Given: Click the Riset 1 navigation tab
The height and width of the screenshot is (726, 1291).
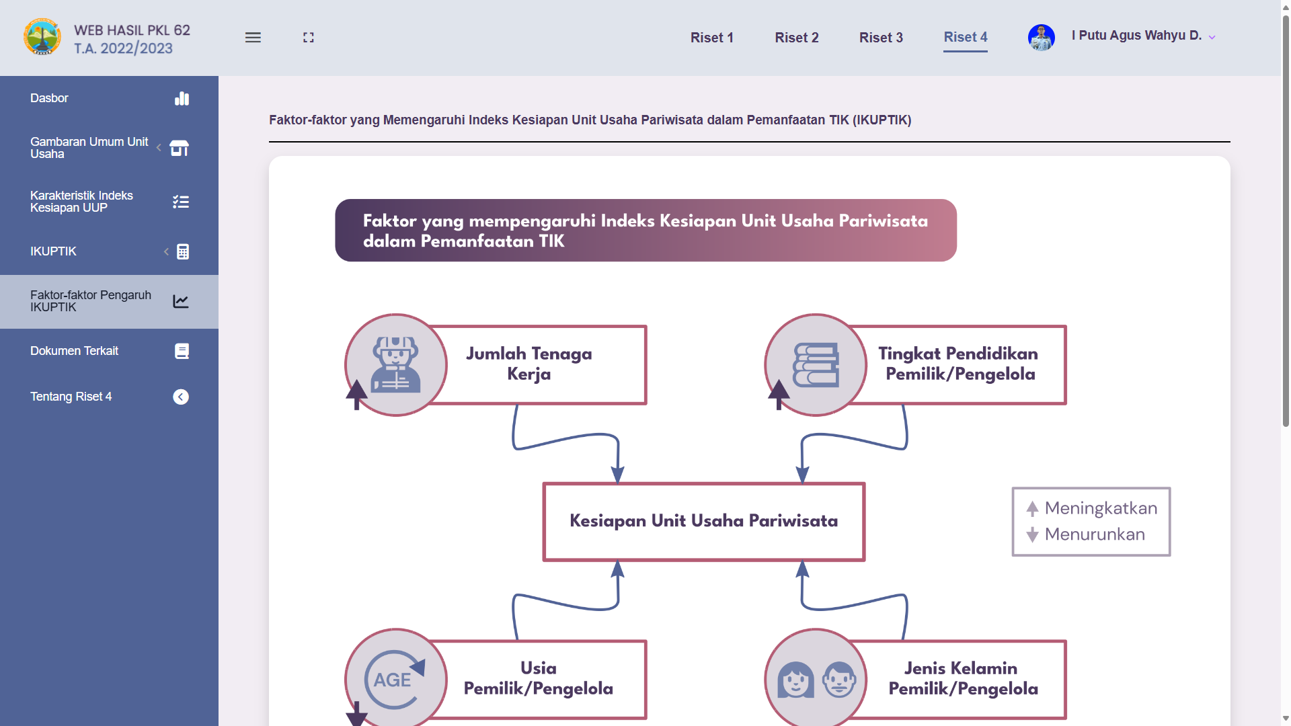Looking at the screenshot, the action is (711, 38).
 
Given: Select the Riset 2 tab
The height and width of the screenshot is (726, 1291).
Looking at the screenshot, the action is (796, 38).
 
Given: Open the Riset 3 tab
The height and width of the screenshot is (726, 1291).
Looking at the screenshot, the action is (881, 38).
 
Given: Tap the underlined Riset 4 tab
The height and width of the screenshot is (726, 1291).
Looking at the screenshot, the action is (966, 38).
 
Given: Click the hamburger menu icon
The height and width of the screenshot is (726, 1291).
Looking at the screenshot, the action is (253, 38).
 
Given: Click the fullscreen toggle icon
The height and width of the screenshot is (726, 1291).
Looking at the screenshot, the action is (309, 38).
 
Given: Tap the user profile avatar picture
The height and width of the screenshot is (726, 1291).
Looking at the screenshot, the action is (1041, 38).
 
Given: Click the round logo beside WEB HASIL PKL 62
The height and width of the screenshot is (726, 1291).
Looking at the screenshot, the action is (42, 36).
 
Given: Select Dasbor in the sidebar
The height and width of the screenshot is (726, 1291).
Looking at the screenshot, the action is (49, 98).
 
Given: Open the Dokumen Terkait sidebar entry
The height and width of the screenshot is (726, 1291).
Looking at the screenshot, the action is (74, 351).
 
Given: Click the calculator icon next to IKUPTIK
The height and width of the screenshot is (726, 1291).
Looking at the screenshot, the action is (182, 251).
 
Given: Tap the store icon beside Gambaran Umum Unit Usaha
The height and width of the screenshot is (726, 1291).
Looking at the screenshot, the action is (180, 148).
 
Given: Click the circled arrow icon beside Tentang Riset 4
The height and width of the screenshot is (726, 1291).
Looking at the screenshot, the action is (181, 397).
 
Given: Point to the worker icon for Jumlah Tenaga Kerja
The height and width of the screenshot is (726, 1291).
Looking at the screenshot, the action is (395, 365).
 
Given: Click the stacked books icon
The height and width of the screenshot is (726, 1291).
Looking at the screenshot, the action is (816, 365).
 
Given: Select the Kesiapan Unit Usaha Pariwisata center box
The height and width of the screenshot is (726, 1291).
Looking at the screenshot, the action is (703, 522).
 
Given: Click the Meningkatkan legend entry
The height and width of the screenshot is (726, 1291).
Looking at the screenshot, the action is (1091, 508).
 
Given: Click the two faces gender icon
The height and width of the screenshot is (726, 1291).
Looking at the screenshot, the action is (816, 680).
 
